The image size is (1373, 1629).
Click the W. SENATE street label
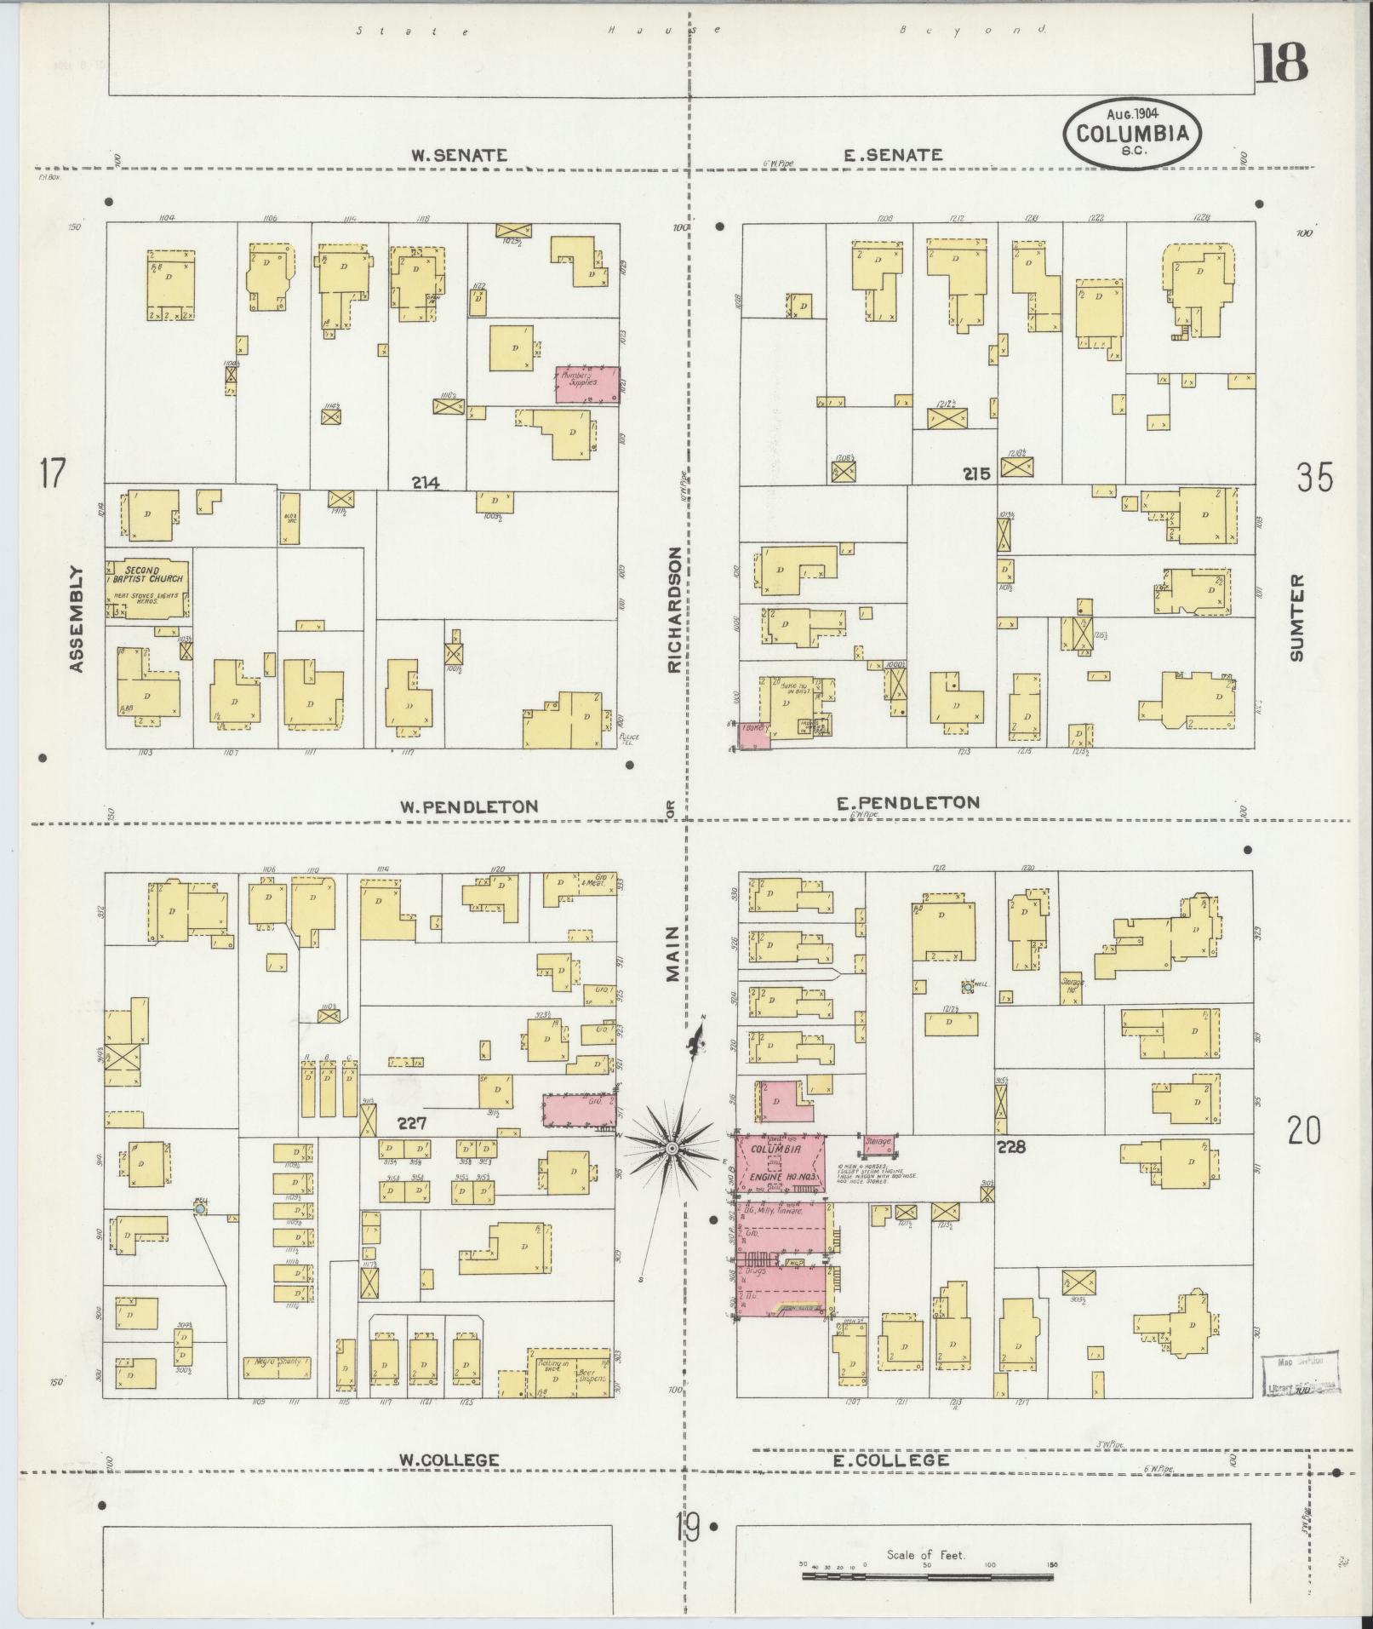(459, 156)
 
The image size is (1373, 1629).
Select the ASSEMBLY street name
(77, 619)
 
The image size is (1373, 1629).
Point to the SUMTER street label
(1296, 617)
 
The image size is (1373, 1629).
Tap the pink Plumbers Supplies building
(587, 385)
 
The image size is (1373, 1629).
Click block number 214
(426, 484)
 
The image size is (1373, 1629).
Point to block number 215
(977, 473)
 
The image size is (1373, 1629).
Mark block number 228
(1012, 1147)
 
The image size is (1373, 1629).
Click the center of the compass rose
(672, 1149)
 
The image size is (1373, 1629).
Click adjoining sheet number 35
(1314, 478)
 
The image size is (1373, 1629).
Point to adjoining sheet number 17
(52, 473)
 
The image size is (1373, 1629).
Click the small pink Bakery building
(753, 736)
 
